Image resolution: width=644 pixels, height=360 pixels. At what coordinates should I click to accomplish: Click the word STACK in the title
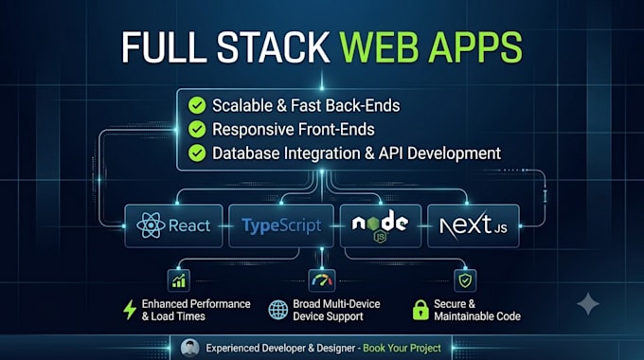(273, 47)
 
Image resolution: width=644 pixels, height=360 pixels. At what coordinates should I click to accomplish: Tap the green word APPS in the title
(475, 47)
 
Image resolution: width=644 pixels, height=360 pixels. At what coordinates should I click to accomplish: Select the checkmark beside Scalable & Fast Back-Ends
(197, 105)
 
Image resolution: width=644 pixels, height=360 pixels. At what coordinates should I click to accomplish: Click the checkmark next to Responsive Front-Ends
(197, 129)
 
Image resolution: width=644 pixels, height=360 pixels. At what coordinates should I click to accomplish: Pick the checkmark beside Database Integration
(197, 153)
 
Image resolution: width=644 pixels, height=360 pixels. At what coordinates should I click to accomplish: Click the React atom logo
(151, 225)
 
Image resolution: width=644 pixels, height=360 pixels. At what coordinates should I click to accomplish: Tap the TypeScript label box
(281, 225)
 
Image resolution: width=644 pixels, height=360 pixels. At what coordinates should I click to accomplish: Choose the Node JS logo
(381, 226)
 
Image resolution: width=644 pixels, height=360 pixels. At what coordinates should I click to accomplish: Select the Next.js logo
(474, 225)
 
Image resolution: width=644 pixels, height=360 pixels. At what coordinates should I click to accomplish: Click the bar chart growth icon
(179, 280)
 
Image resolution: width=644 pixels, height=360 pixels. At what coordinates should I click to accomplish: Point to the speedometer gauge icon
(322, 280)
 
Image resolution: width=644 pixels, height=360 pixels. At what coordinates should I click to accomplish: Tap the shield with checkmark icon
(465, 280)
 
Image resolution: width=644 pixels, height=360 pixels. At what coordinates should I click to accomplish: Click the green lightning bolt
(130, 310)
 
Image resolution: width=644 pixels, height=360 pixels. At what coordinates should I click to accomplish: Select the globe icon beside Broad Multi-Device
(278, 310)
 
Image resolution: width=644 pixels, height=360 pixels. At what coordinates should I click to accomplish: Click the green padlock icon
(420, 310)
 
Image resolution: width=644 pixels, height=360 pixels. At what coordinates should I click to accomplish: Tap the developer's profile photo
(189, 348)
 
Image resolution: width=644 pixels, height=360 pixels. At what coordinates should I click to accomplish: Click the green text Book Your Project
(402, 348)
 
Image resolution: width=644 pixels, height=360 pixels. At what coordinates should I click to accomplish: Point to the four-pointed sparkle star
(588, 304)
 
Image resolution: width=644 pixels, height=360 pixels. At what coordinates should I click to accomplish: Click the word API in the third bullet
(391, 153)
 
